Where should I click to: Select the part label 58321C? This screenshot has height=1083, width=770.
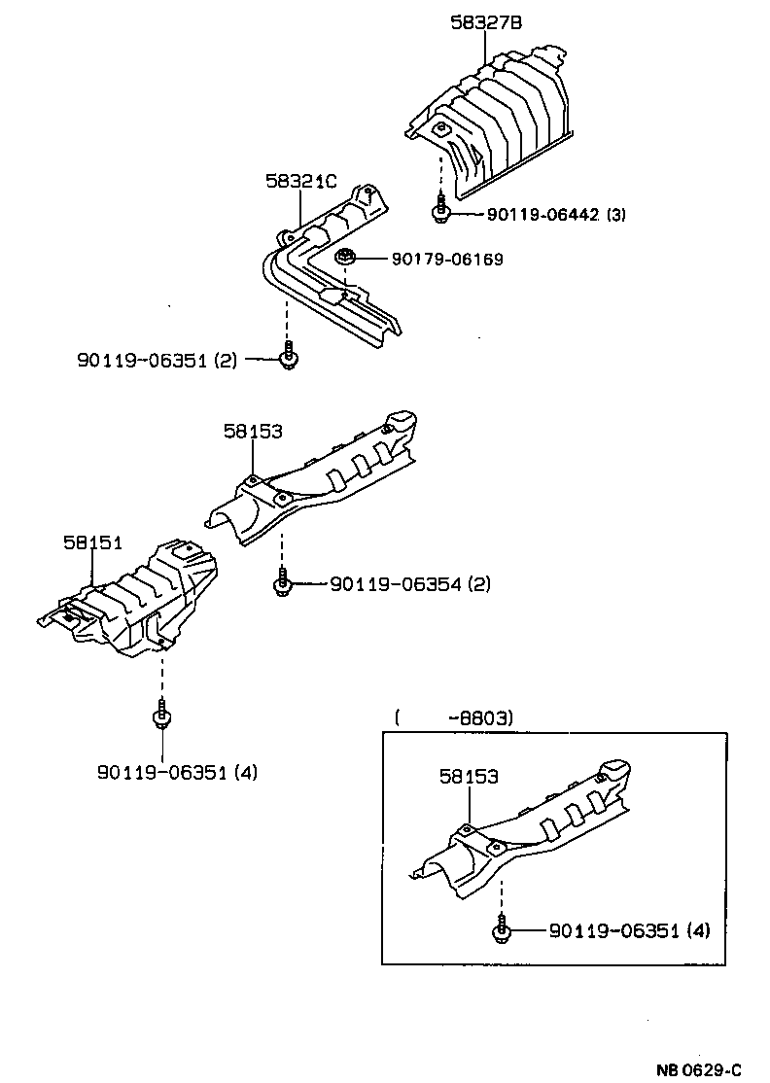point(301,181)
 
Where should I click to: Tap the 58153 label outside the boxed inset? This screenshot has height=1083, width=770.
point(253,431)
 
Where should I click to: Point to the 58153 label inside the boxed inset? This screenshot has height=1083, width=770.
point(469,777)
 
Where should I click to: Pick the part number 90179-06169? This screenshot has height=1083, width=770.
point(447,260)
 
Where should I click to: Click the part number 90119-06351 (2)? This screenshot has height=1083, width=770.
point(157,360)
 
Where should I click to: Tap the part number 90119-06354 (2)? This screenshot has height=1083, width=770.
point(410,584)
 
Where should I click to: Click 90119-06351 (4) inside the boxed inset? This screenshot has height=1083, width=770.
point(629,930)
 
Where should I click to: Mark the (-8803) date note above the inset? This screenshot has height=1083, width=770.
point(454,718)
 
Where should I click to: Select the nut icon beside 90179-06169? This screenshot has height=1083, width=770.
point(345,259)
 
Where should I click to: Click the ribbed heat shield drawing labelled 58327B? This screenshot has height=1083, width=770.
point(496,122)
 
